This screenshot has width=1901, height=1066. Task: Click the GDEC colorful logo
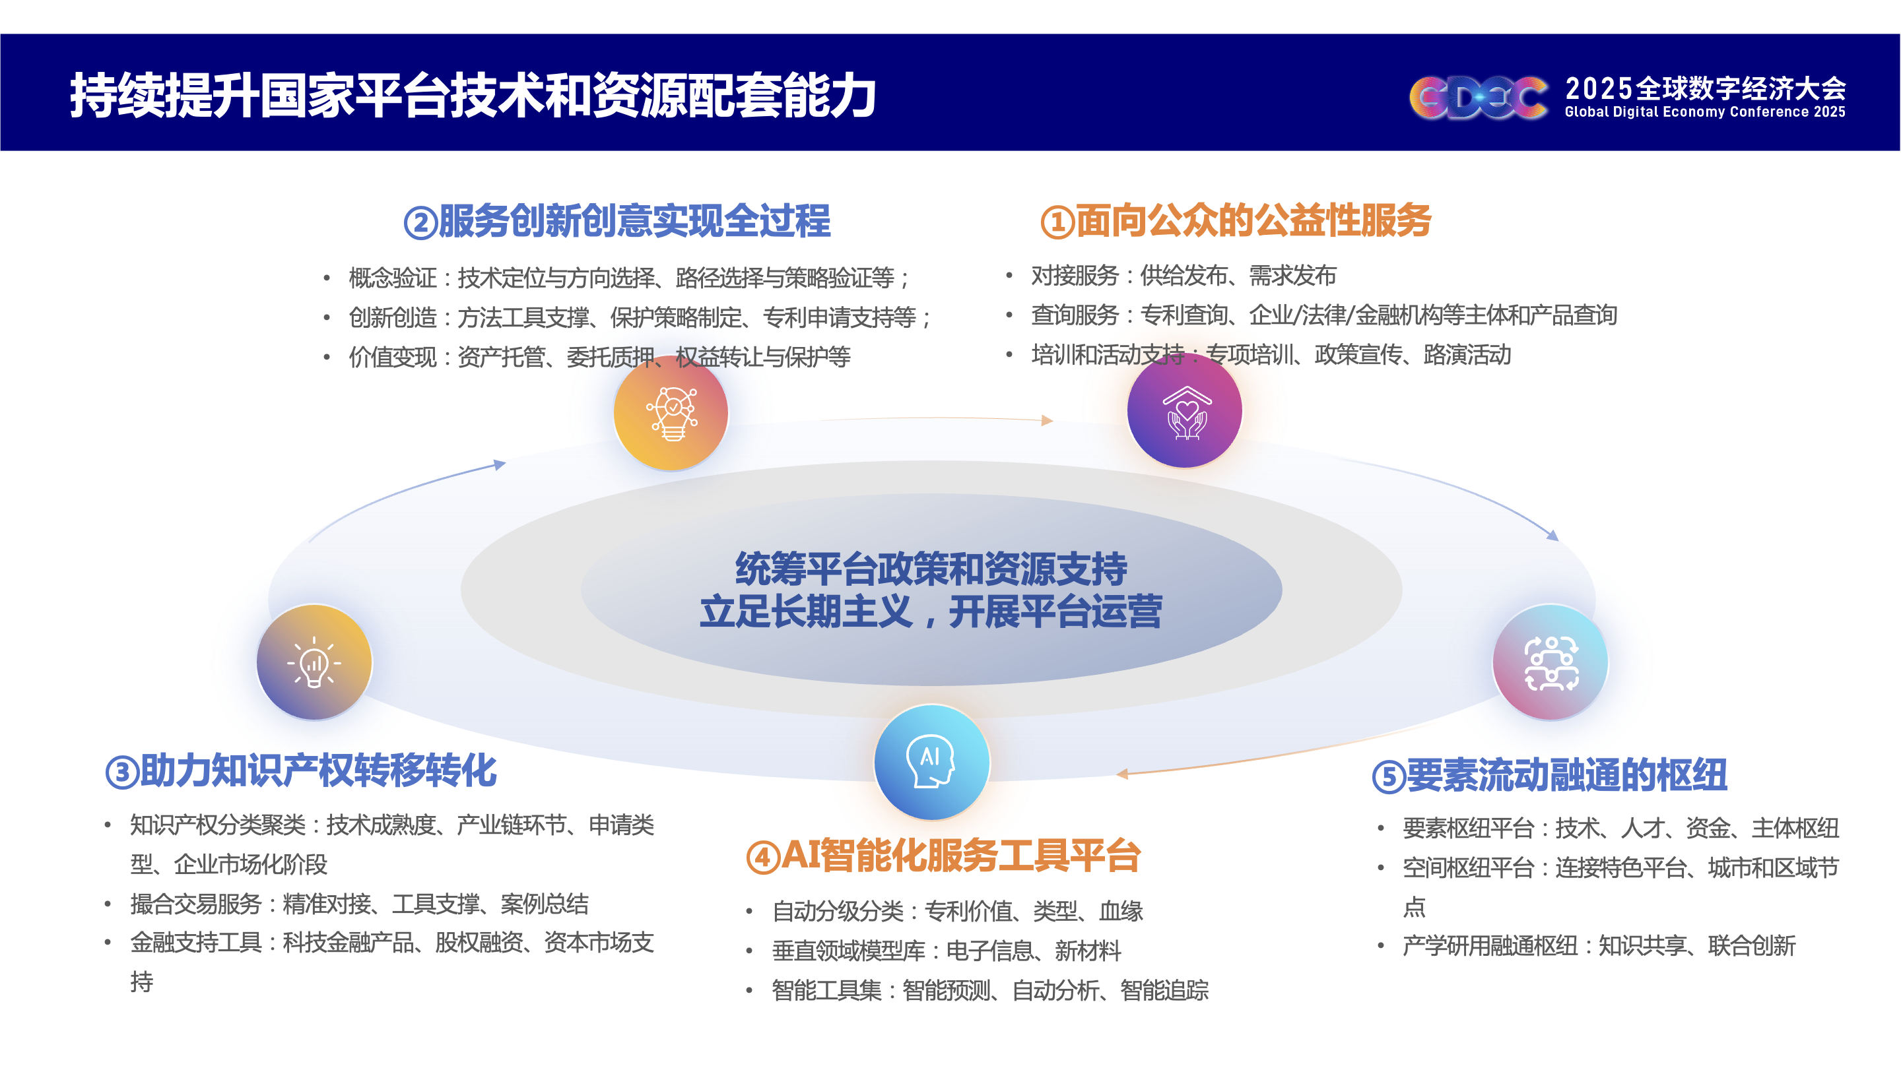(1478, 97)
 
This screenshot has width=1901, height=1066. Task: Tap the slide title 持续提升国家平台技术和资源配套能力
(473, 95)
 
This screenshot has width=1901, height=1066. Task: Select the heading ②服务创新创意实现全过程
(617, 220)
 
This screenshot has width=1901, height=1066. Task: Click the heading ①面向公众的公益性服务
(1236, 220)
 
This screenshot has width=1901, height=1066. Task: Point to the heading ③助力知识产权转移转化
(301, 771)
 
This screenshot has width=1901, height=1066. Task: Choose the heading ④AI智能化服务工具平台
(944, 856)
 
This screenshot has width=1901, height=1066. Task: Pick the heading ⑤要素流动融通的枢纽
(1550, 775)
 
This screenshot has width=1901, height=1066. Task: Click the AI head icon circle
(931, 762)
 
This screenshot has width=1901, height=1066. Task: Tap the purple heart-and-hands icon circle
(1184, 410)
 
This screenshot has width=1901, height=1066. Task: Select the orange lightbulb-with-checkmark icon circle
(671, 412)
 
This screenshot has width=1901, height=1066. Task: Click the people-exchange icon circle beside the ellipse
(1551, 662)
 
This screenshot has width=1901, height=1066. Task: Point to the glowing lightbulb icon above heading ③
(314, 662)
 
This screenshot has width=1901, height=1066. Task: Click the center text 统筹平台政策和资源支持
(931, 569)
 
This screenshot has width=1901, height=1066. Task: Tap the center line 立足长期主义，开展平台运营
(931, 611)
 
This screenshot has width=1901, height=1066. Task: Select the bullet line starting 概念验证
(630, 278)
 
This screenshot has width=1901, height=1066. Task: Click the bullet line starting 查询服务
(1324, 315)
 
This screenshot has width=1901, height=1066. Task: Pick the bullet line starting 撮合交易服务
(359, 904)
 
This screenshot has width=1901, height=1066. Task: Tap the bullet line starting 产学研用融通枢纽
(1599, 946)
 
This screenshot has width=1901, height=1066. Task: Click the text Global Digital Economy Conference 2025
(1705, 112)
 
